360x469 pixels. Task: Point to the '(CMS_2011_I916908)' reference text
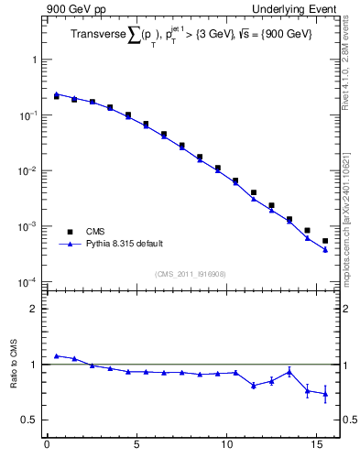(x=190, y=273)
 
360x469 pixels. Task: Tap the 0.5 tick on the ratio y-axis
(x=30, y=420)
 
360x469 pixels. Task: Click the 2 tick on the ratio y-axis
(x=34, y=309)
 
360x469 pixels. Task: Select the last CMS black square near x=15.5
(x=325, y=241)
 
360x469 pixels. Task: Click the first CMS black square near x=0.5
(x=56, y=96)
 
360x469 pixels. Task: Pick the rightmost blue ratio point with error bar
(x=325, y=394)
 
